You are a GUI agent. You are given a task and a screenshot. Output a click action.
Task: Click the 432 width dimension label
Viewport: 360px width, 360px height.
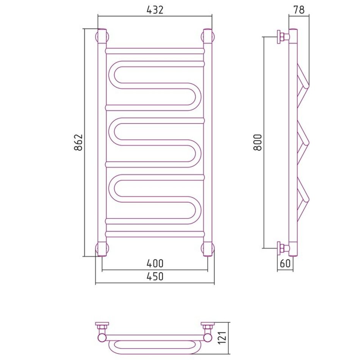[155, 10]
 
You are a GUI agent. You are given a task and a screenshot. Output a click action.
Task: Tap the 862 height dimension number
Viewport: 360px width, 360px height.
[78, 142]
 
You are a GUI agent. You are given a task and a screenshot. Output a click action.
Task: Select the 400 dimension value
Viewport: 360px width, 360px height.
[155, 263]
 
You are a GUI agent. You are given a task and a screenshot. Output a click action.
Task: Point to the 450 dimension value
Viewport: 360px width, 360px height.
[155, 276]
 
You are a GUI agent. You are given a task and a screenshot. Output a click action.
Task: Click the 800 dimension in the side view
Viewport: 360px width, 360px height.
[258, 142]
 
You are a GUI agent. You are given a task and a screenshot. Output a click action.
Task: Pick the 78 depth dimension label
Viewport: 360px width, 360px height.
[299, 10]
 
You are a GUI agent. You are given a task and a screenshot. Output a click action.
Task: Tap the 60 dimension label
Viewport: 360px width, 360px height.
[285, 263]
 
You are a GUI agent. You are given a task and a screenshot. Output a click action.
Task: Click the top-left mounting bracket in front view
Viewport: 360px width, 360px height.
[102, 36]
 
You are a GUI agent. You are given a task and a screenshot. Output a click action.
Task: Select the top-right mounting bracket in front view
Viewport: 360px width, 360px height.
[208, 36]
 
